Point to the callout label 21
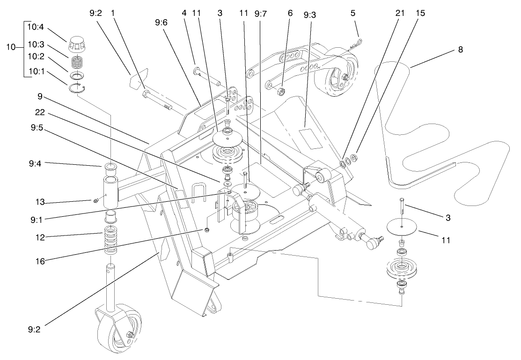click(399, 14)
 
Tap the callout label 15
click(420, 14)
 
